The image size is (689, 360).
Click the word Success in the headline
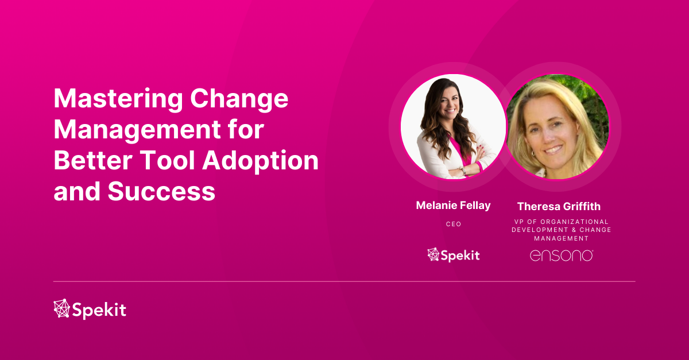[x=161, y=191]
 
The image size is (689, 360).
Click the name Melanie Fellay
[x=453, y=205]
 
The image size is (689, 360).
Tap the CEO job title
[x=453, y=224]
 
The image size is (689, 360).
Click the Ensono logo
[x=561, y=255]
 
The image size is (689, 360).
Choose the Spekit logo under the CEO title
[x=453, y=255]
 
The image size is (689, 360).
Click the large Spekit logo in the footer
[x=90, y=310]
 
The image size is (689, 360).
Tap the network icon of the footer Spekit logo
[x=61, y=309]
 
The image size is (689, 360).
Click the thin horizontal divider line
[x=344, y=281]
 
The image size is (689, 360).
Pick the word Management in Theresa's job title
[x=561, y=238]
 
